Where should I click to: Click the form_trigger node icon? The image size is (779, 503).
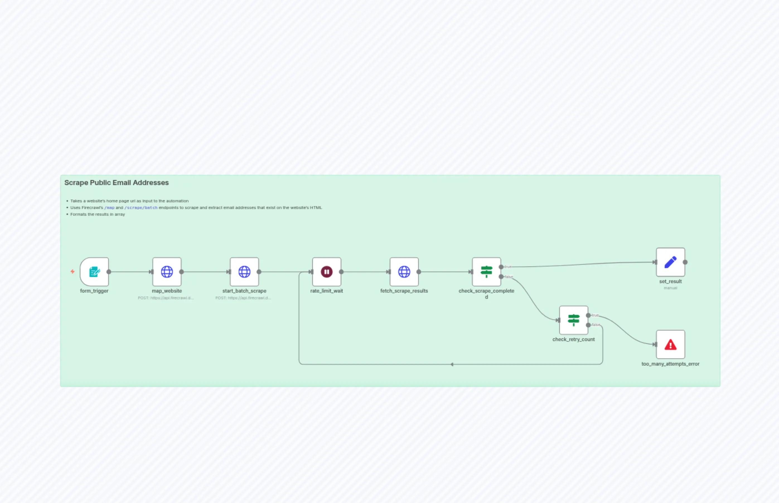tap(95, 272)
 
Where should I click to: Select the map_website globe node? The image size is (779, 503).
tap(167, 272)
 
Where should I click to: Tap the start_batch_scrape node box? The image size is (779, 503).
tap(245, 272)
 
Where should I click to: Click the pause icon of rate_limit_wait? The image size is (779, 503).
tap(327, 272)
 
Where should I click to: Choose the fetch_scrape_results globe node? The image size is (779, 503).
tap(404, 272)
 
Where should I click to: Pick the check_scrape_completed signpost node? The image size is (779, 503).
tap(487, 272)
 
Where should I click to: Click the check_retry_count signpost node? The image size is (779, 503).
tap(574, 320)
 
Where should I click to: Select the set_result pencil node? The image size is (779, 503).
tap(671, 262)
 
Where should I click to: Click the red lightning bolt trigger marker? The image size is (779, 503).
tap(72, 271)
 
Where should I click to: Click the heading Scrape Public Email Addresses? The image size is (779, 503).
tap(116, 183)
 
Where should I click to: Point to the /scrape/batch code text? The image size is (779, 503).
tap(141, 208)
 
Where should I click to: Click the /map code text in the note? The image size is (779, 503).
tap(110, 208)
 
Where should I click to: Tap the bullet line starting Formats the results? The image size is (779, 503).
tap(97, 215)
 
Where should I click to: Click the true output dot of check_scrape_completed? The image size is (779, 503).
tap(501, 267)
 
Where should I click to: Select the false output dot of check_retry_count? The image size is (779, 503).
tap(589, 325)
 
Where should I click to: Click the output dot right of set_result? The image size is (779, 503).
tap(685, 262)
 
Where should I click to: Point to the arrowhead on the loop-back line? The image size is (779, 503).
tap(452, 365)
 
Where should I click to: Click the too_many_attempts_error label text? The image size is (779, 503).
tap(671, 364)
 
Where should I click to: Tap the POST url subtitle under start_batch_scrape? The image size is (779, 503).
tap(243, 298)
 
